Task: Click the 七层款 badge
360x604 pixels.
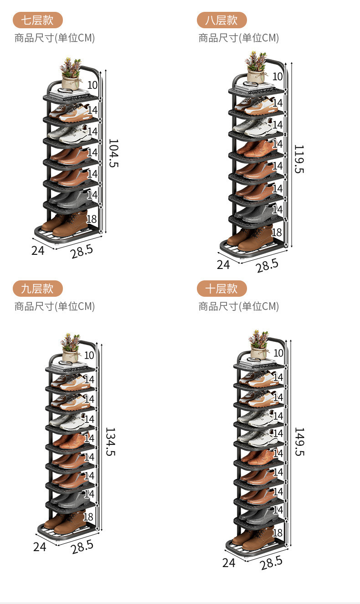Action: point(37,20)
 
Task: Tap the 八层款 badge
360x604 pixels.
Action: point(221,20)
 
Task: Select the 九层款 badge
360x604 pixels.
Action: point(37,289)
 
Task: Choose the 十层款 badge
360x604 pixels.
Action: point(221,289)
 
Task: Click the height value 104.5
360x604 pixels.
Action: point(113,153)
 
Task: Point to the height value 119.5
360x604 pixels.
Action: point(298,159)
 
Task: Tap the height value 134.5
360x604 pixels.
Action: point(110,441)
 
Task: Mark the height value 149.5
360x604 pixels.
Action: point(298,441)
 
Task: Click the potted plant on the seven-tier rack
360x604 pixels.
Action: point(71,73)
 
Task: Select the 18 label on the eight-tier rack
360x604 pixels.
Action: point(277,232)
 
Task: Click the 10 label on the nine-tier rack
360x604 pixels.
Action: point(89,355)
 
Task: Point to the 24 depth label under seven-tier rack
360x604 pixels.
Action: point(38,250)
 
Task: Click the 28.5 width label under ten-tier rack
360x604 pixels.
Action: point(271,563)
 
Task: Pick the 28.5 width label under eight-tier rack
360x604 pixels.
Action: point(267,265)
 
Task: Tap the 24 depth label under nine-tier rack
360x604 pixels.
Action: point(40,547)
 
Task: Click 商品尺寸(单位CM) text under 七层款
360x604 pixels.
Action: point(55,38)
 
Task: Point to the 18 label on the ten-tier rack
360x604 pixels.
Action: point(278,532)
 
